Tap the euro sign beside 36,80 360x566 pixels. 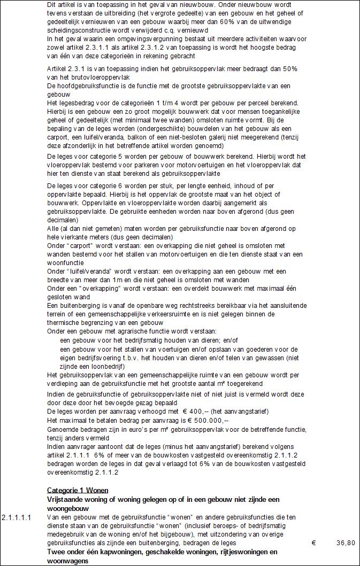pyautogui.click(x=313, y=542)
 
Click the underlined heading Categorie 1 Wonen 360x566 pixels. pyautogui.click(x=78, y=490)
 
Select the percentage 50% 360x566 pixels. pyautogui.click(x=281, y=69)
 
